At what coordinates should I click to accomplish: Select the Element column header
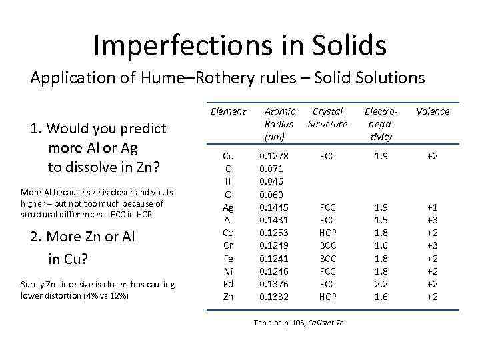[228, 111]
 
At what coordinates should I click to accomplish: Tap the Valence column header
[433, 111]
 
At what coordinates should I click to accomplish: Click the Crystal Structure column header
[327, 117]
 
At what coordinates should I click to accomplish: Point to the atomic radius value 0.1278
[274, 156]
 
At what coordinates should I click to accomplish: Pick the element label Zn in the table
[228, 297]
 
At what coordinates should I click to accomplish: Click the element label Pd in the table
[228, 284]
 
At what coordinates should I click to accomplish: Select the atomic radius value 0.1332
[274, 297]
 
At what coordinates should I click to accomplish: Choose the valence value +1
[432, 207]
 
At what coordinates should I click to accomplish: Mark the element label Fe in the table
[228, 258]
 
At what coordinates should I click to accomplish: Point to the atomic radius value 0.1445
[274, 207]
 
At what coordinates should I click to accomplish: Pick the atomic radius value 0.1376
[274, 284]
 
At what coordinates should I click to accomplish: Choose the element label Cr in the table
[228, 245]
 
